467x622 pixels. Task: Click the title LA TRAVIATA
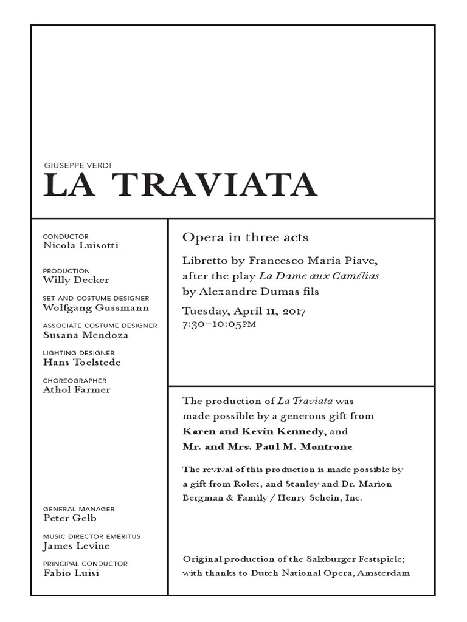pos(181,186)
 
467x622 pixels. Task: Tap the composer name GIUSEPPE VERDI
pos(77,165)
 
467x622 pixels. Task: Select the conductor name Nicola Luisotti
pos(81,245)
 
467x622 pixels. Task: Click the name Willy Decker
pos(76,280)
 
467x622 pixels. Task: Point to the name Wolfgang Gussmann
pos(88,307)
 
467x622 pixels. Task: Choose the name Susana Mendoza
pos(86,335)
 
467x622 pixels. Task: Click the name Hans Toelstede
pos(82,362)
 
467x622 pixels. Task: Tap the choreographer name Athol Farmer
pos(77,389)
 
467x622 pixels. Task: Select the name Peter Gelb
pos(70,518)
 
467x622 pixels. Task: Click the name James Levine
pos(77,545)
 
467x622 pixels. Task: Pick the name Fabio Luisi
pos(71,573)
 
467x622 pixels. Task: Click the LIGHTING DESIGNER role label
pos(78,353)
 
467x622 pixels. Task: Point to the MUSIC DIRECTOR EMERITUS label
pos(92,536)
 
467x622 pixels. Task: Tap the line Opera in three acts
pos(246,237)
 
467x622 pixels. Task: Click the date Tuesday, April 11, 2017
pos(244,312)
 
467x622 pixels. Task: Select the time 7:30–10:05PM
pos(220,324)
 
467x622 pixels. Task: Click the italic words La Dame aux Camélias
pos(328,276)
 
